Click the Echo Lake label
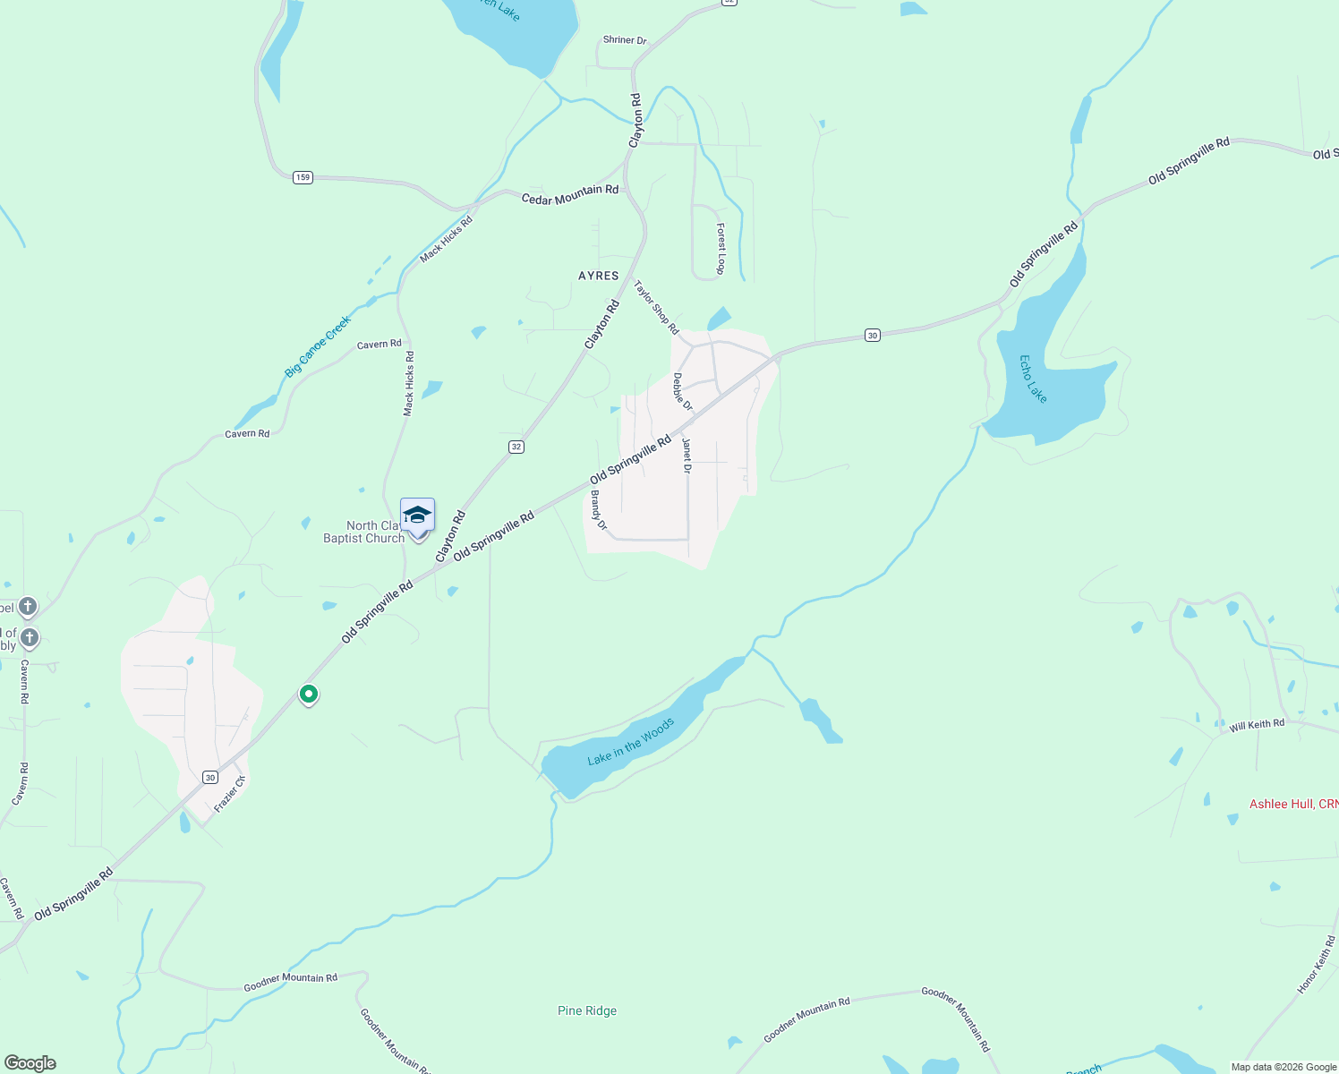[1033, 379]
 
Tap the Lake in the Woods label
[630, 743]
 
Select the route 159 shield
[303, 177]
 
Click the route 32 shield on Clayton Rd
[516, 447]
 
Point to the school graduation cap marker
[417, 516]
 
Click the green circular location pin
[309, 694]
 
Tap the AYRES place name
[598, 276]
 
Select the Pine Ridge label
[587, 1010]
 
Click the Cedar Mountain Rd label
[569, 194]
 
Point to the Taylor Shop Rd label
[656, 307]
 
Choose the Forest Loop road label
[721, 249]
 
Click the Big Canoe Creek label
[318, 345]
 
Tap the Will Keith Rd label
[1257, 725]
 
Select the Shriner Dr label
[624, 40]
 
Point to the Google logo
[30, 1063]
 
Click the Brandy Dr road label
[598, 510]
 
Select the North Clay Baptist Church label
[364, 532]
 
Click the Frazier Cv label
[229, 794]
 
